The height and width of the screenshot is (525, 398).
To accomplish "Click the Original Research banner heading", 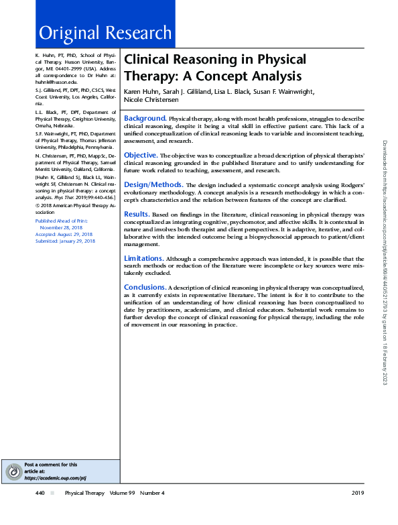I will click(x=105, y=32).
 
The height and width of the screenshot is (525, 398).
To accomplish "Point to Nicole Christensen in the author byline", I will click(x=151, y=100).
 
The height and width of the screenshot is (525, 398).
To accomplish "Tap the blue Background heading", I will click(x=145, y=118).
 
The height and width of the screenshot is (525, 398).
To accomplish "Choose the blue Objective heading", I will click(x=141, y=155).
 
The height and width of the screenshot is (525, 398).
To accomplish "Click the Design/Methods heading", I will click(x=153, y=184).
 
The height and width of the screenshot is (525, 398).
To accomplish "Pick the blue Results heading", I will click(x=137, y=213).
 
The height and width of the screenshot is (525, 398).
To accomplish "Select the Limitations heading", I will click(x=143, y=258).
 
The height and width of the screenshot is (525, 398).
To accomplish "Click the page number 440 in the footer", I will click(x=40, y=493).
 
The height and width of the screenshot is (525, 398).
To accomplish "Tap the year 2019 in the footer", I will click(x=357, y=493).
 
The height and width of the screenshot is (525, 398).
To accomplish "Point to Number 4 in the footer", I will click(x=152, y=493).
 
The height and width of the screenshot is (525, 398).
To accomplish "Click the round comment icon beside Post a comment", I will click(x=12, y=472).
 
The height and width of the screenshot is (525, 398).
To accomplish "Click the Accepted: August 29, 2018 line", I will click(x=64, y=234).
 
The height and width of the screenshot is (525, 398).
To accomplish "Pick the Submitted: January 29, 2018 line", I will click(x=65, y=241).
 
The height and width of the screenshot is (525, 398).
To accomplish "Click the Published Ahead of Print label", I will click(x=60, y=221).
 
